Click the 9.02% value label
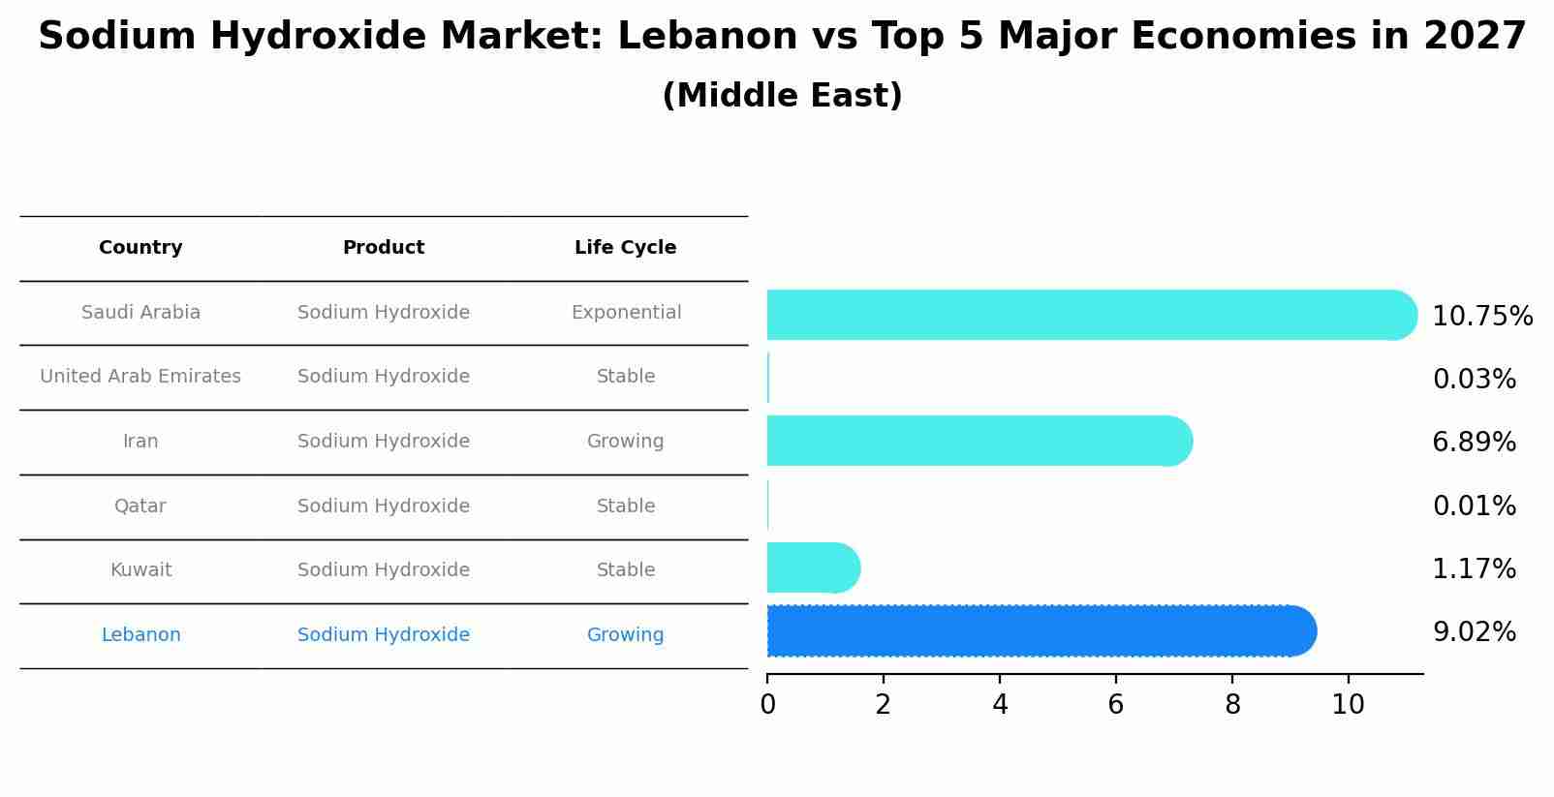(x=1474, y=632)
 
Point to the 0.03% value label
(x=1474, y=380)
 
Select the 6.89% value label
(x=1474, y=443)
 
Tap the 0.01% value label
(x=1474, y=506)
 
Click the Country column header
(x=140, y=248)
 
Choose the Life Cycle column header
(x=625, y=248)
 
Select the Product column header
(x=384, y=248)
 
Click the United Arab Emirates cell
(x=140, y=377)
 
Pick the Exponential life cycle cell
(x=626, y=313)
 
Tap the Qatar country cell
(x=140, y=506)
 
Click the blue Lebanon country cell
(x=140, y=635)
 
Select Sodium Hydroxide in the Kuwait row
(x=384, y=570)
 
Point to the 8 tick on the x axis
(x=1232, y=705)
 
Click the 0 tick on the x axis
(x=767, y=705)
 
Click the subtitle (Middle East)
(x=782, y=96)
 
